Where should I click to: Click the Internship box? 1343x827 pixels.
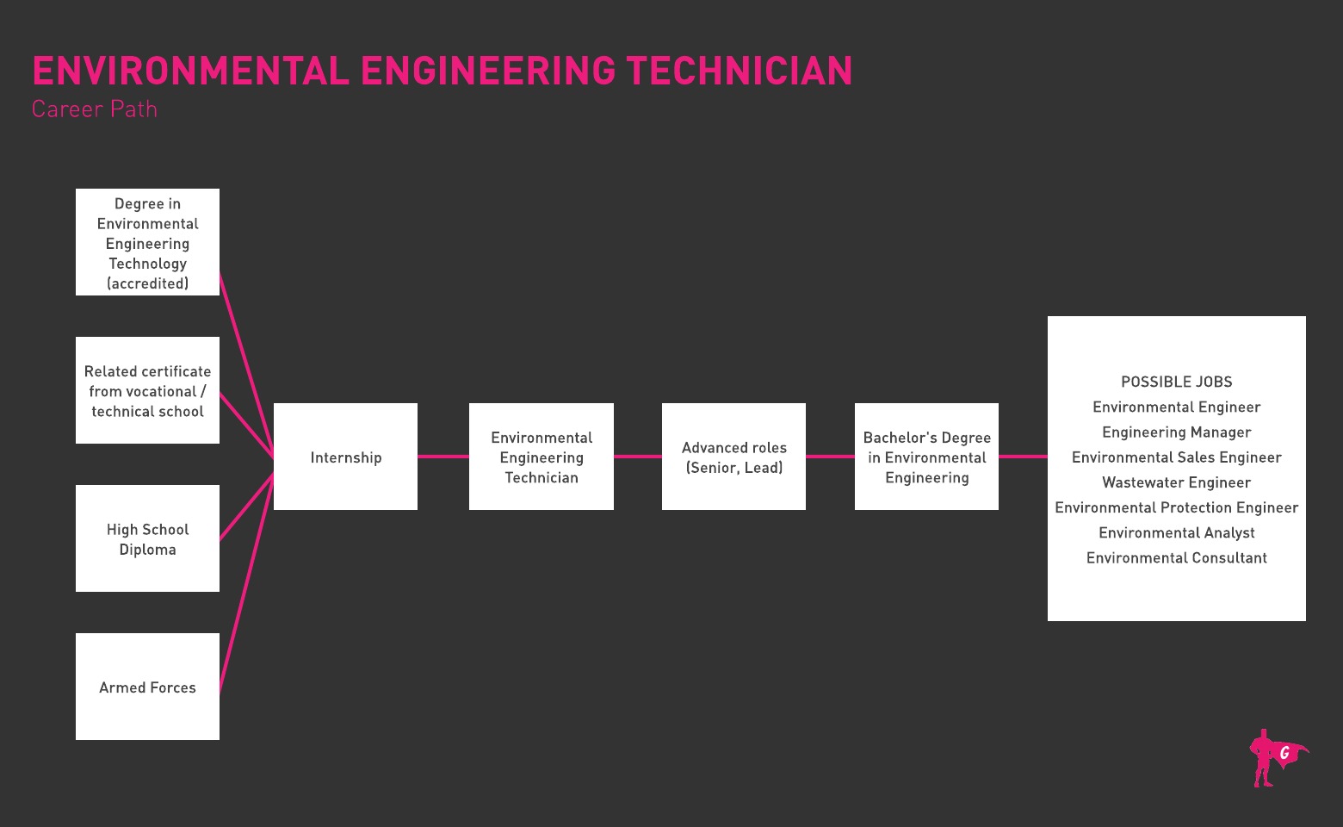coord(345,457)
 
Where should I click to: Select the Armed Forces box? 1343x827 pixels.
coord(147,687)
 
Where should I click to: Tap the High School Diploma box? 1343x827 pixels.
coord(147,538)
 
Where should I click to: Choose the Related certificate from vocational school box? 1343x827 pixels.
coord(147,390)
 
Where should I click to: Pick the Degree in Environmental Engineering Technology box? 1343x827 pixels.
coord(147,242)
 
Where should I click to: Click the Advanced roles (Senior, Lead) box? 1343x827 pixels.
coord(733,457)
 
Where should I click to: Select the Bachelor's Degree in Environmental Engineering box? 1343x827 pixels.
coord(926,457)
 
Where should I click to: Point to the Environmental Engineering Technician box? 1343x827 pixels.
coord(541,457)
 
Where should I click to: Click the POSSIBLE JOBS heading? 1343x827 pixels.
coord(1176,382)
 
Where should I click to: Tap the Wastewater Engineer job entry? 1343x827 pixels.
coord(1176,482)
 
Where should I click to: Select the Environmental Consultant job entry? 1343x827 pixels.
coord(1176,557)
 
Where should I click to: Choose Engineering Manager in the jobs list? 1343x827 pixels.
coord(1176,432)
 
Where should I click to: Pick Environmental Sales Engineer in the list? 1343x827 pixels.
coord(1176,457)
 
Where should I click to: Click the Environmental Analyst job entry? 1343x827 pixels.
coord(1176,532)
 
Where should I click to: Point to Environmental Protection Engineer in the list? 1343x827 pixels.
coord(1176,507)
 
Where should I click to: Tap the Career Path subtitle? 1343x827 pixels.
coord(95,109)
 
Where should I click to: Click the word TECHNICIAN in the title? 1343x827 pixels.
coord(739,71)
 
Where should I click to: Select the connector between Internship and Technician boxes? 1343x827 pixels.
coord(443,457)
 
